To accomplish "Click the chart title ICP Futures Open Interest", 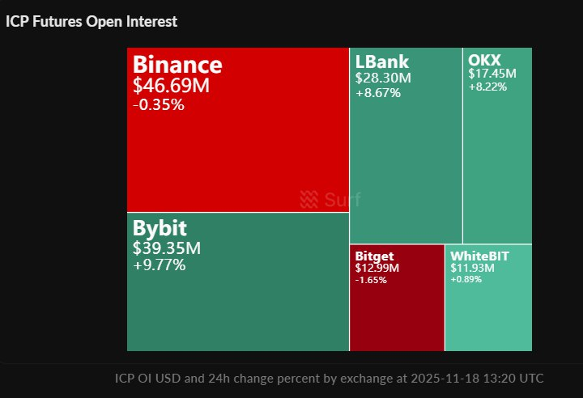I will [91, 22].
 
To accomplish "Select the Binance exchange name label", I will [177, 65].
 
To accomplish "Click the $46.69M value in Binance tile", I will [171, 85].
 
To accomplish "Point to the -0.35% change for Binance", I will [159, 104].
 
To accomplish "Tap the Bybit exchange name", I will [160, 228].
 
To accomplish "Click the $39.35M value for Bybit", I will [167, 248].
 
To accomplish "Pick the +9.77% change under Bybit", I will [160, 265].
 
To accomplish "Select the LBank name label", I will [382, 61].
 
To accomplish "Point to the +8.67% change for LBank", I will [378, 93].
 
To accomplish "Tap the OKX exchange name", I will [484, 59].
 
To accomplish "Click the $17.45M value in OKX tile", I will [492, 74].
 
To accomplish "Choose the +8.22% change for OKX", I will [487, 87].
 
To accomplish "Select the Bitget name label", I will [374, 256].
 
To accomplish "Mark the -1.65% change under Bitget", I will [371, 280].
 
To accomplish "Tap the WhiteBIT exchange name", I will [480, 256].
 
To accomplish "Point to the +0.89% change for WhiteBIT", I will [466, 279].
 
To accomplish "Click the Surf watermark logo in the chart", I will [330, 199].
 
